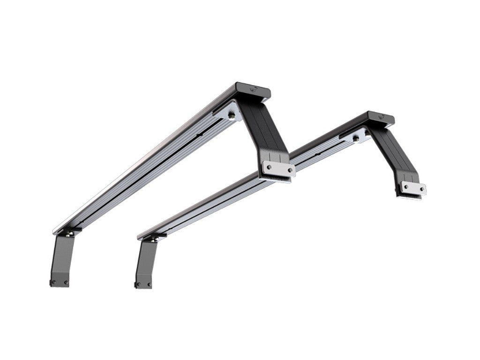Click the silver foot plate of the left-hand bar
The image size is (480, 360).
tap(278, 169)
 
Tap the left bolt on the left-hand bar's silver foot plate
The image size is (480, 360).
tap(269, 165)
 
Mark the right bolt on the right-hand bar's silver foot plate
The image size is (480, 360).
tap(421, 190)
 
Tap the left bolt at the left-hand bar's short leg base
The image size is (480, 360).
tap(54, 282)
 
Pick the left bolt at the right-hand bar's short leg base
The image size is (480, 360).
tap(138, 285)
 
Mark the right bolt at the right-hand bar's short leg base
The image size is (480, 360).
tap(149, 284)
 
